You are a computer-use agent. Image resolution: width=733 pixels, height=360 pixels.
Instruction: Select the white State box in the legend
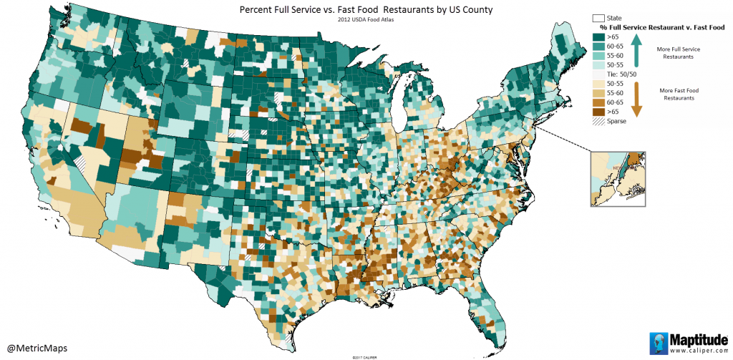coord(598,17)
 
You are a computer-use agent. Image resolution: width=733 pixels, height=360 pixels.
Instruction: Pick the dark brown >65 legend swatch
coord(598,112)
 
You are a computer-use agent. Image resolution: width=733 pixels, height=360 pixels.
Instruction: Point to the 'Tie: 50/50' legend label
coord(623,74)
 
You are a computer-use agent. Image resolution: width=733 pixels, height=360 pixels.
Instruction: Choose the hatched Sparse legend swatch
coord(598,122)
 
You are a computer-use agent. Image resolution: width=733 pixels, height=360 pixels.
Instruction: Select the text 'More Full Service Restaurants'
coord(676,52)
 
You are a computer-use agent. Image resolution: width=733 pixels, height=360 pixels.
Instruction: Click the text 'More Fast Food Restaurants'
coord(676,94)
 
